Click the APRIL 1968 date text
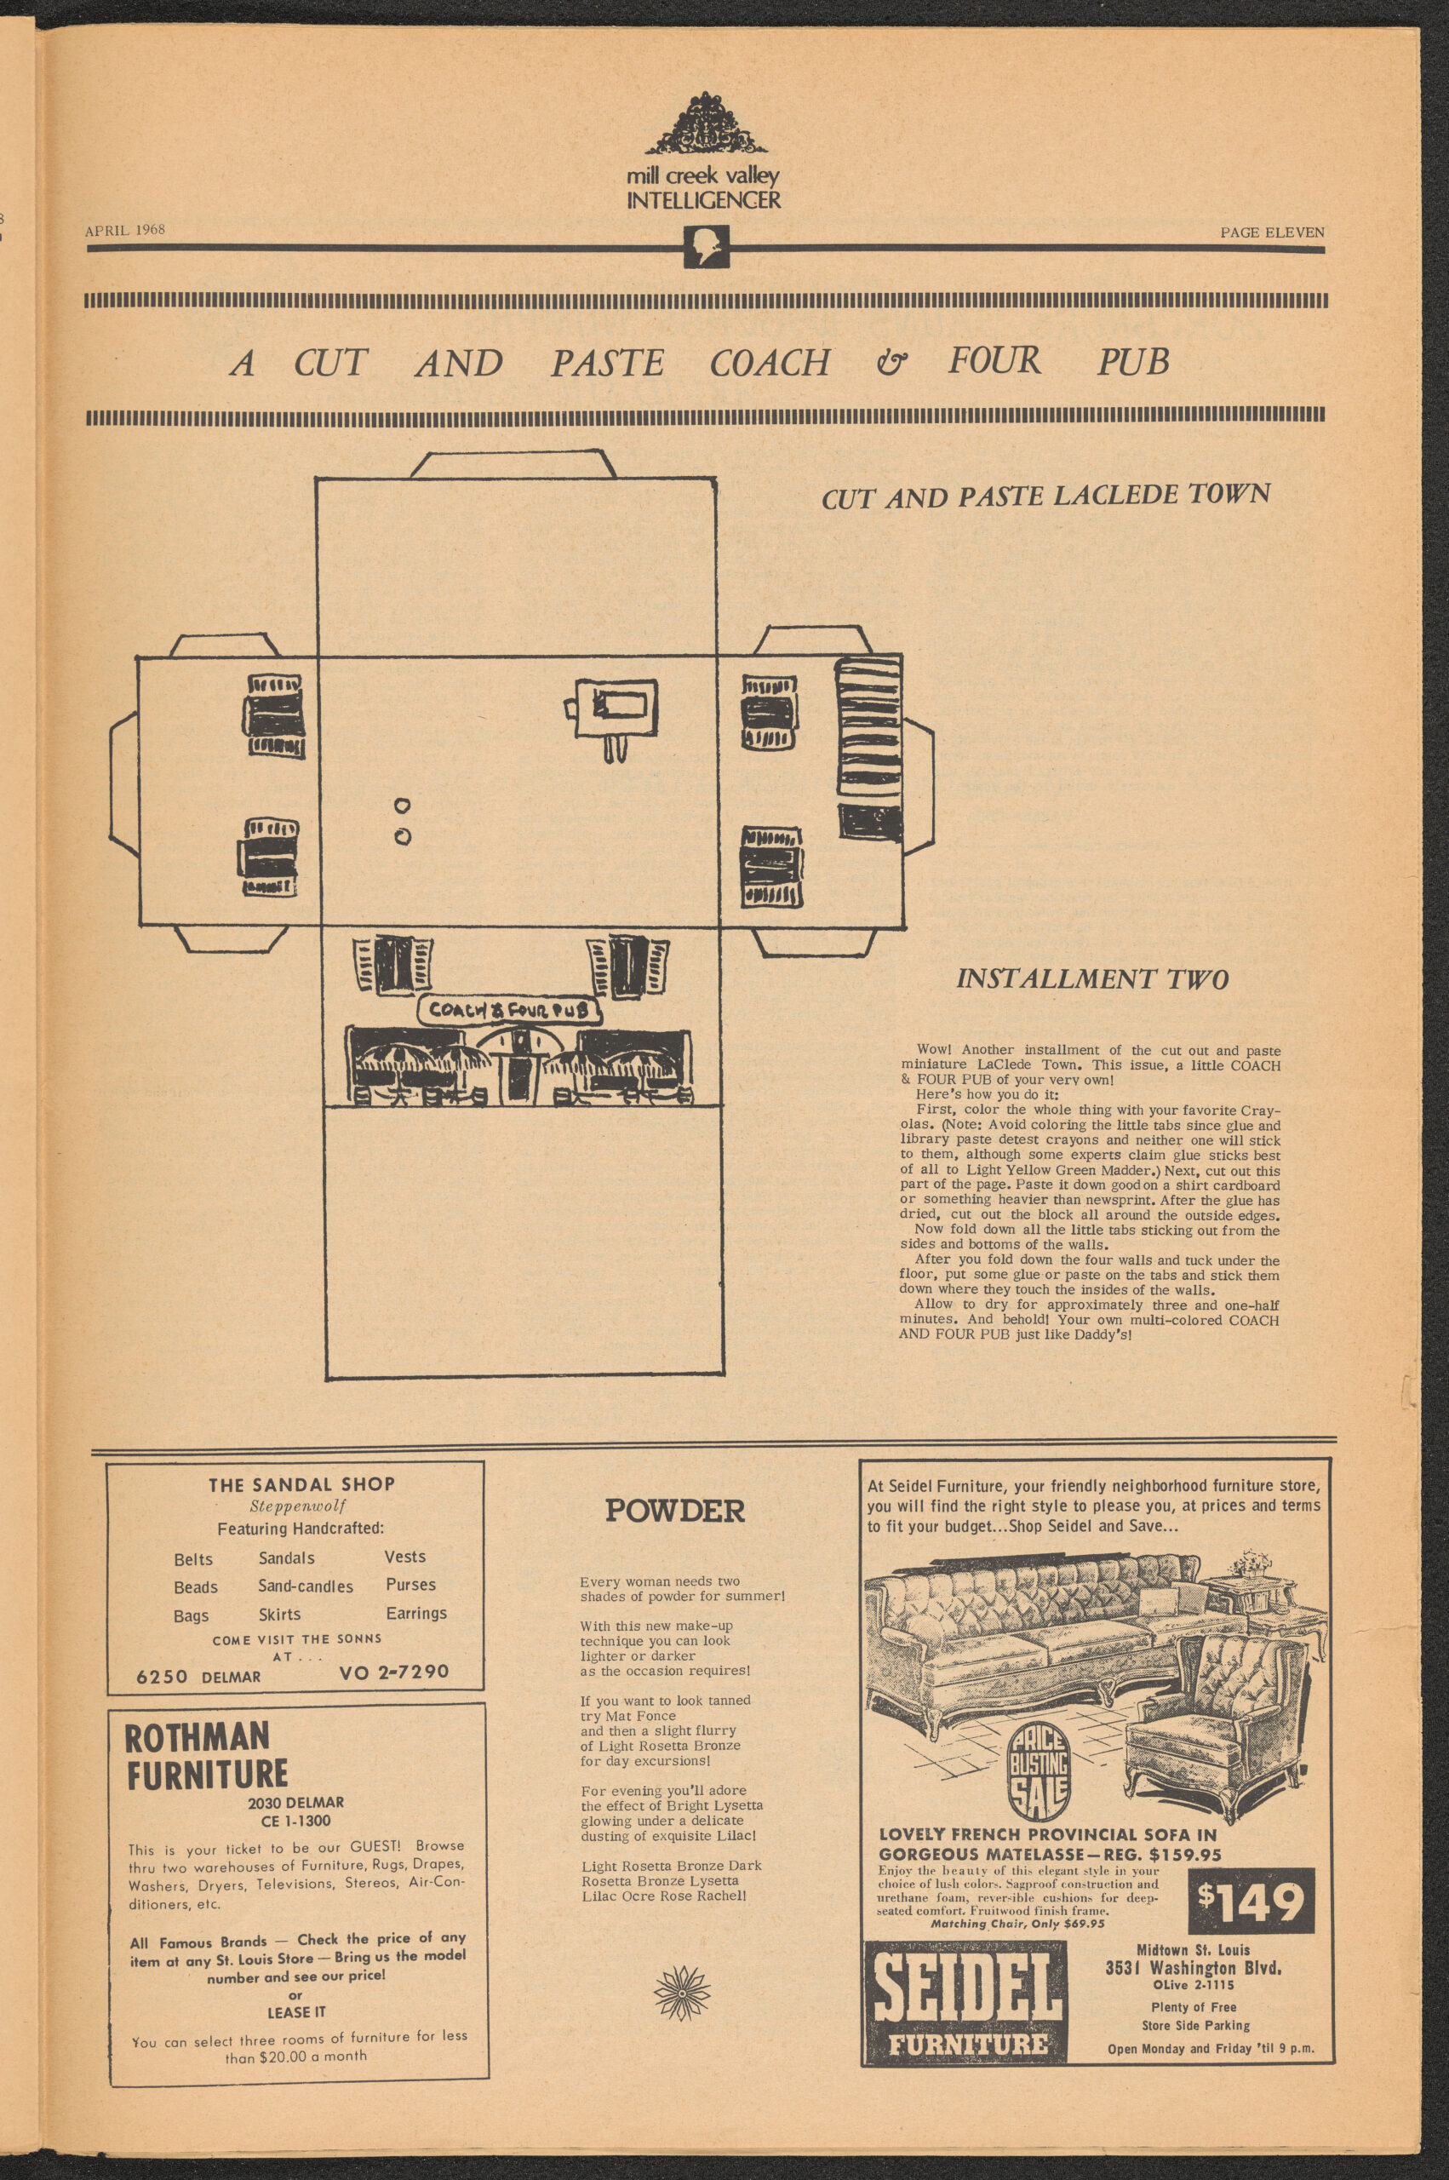coord(125,230)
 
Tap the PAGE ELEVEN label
coord(1272,232)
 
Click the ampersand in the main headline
coord(891,362)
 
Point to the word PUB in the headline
coord(1133,361)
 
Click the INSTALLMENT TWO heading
coord(1092,979)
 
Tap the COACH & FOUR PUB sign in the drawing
coord(510,1010)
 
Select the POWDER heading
coord(674,1512)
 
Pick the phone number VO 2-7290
coord(394,1672)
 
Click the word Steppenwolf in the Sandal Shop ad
coord(291,1506)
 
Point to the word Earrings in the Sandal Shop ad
coord(415,1613)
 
